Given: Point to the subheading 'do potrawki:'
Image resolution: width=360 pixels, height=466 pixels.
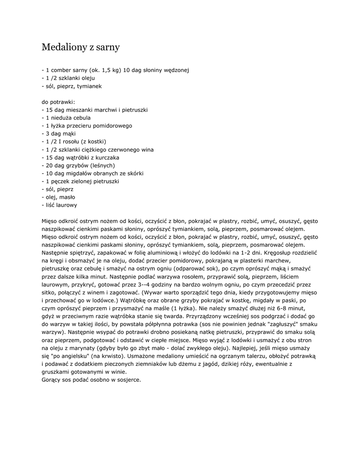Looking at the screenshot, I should (x=58, y=102).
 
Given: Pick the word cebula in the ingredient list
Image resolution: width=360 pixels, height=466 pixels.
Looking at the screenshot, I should (x=82, y=117).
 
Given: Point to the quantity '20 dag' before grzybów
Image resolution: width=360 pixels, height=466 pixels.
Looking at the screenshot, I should (x=54, y=165).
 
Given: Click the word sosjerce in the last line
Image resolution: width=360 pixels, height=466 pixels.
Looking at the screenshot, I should (x=129, y=380).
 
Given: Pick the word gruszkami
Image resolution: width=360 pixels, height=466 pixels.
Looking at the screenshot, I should (x=57, y=371).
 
